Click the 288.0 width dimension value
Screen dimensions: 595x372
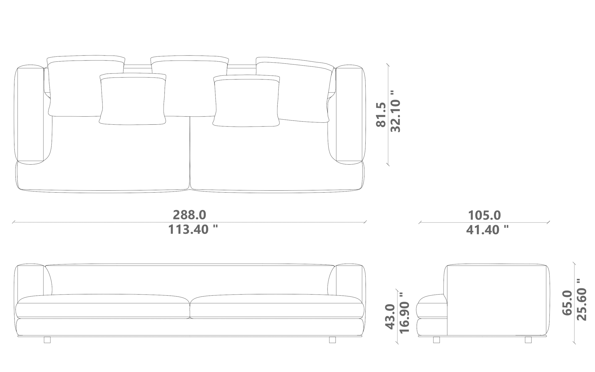coord(189,215)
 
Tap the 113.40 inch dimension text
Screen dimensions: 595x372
coord(193,230)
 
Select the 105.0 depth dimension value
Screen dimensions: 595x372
coord(484,215)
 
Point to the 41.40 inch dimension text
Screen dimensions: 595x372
coord(487,230)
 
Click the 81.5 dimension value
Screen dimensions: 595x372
coord(381,115)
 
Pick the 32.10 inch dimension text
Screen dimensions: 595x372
coord(395,112)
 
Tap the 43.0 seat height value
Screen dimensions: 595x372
coord(390,316)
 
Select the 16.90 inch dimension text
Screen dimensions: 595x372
coord(404,312)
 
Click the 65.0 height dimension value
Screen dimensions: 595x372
coord(567,303)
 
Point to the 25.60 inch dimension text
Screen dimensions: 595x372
coord(582,299)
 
